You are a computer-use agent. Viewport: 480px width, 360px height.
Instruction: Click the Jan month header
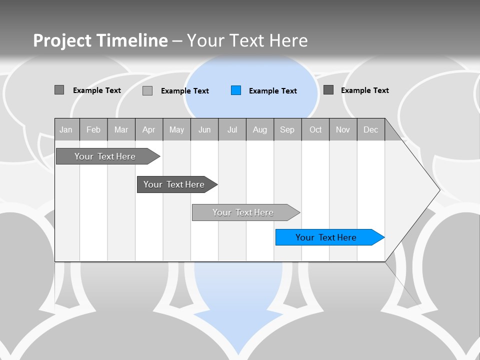pyautogui.click(x=66, y=129)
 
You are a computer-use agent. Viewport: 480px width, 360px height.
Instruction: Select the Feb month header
pyautogui.click(x=93, y=129)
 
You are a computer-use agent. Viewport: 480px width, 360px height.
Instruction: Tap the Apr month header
pyautogui.click(x=148, y=129)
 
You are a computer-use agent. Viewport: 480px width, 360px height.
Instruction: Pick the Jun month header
pyautogui.click(x=204, y=129)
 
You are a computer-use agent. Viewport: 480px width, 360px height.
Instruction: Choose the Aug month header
pyautogui.click(x=259, y=129)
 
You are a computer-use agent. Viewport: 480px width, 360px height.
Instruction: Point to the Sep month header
pyautogui.click(x=287, y=129)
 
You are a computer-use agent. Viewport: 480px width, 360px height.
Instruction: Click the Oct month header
pyautogui.click(x=315, y=129)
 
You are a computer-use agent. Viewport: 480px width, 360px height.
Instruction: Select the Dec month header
pyautogui.click(x=370, y=129)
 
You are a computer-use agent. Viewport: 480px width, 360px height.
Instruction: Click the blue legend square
pyautogui.click(x=236, y=90)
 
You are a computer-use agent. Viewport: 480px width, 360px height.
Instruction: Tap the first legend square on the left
pyautogui.click(x=59, y=90)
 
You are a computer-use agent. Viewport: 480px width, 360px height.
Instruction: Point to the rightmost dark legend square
pyautogui.click(x=328, y=90)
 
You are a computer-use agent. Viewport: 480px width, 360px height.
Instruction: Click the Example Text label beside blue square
pyautogui.click(x=272, y=91)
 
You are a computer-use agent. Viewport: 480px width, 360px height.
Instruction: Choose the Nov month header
pyautogui.click(x=343, y=129)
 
